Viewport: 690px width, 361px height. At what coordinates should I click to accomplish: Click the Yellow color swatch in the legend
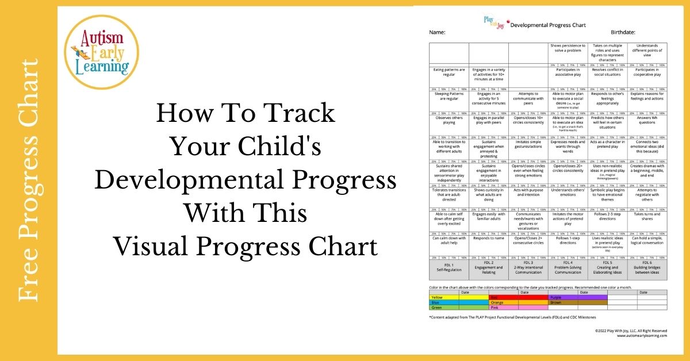pyautogui.click(x=444, y=297)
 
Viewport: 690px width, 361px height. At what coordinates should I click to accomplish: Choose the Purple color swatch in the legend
pyautogui.click(x=563, y=297)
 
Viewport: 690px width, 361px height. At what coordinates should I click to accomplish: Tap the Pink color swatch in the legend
pyautogui.click(x=503, y=308)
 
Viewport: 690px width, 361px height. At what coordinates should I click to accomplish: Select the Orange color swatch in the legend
pyautogui.click(x=503, y=302)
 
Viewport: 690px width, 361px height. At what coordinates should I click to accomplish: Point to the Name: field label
pyautogui.click(x=438, y=33)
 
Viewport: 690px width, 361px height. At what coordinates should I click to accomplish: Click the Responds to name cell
pyautogui.click(x=489, y=238)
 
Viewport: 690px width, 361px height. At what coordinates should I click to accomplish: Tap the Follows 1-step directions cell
pyautogui.click(x=568, y=240)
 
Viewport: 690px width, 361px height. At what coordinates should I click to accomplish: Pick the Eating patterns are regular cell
pyautogui.click(x=449, y=72)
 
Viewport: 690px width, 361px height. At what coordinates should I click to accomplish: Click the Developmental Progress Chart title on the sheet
pyautogui.click(x=540, y=25)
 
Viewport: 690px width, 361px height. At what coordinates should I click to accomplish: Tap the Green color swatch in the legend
pyautogui.click(x=444, y=308)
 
